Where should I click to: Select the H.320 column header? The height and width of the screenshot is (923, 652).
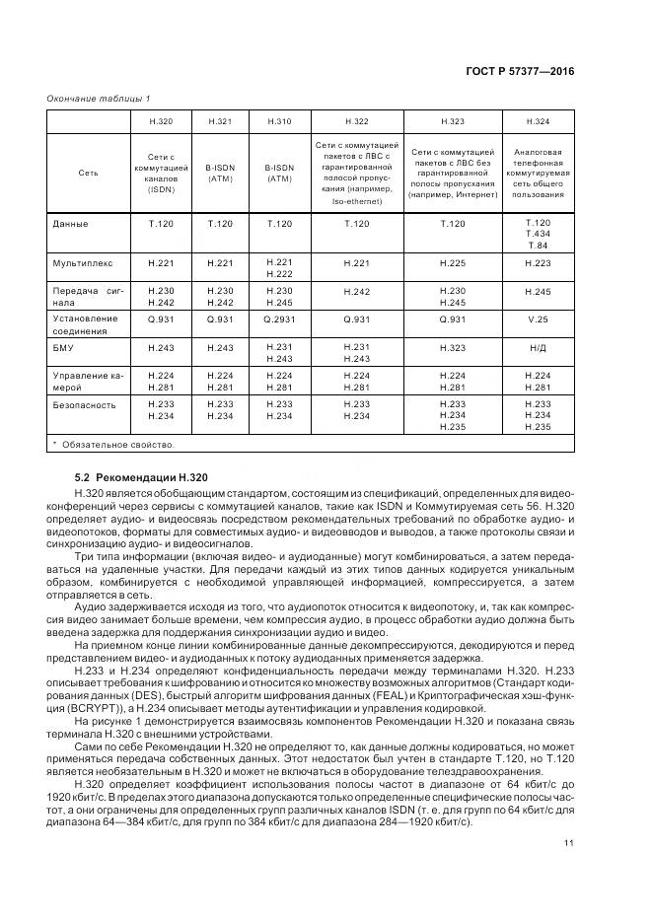160,121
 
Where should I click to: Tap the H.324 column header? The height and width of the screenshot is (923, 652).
538,121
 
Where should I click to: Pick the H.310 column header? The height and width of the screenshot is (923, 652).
279,121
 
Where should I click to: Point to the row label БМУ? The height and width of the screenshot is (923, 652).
63,347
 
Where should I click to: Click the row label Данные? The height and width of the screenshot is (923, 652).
69,224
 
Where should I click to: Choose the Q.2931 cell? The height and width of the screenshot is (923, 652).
279,319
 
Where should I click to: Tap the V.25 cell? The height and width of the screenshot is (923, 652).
538,319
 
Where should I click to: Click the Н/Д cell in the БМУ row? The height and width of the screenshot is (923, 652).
538,347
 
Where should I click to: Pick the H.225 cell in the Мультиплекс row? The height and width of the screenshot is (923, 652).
452,264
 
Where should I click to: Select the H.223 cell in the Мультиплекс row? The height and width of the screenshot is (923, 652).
538,264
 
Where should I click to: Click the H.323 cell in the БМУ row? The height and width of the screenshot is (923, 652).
452,347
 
